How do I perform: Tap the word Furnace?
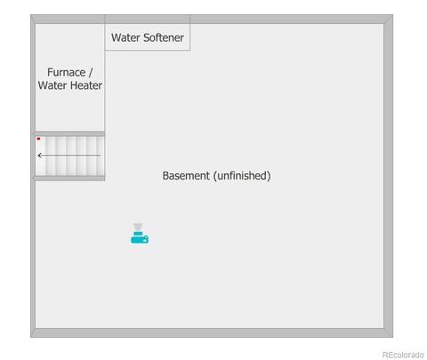click(67, 72)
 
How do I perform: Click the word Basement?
click(186, 176)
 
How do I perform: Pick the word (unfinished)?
click(242, 176)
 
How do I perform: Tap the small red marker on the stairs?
click(38, 139)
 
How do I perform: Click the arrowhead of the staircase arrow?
click(40, 156)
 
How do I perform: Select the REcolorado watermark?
click(403, 355)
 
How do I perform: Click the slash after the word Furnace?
click(91, 72)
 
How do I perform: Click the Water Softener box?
click(148, 33)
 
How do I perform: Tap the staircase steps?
click(70, 156)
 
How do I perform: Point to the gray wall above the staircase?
click(70, 133)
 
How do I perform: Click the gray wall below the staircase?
click(70, 178)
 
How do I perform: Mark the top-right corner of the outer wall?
click(393, 15)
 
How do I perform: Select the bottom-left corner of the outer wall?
click(31, 337)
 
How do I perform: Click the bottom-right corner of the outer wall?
click(393, 337)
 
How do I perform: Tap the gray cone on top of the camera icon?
click(138, 227)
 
